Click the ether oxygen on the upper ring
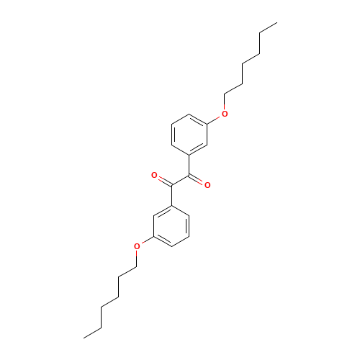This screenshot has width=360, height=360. click(225, 114)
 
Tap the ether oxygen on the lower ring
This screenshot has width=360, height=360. click(137, 246)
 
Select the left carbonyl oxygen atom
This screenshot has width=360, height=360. click(154, 175)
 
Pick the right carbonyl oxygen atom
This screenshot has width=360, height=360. click(207, 186)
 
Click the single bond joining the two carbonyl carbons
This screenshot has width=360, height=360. click(181, 180)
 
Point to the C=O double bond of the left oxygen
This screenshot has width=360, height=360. click(162, 179)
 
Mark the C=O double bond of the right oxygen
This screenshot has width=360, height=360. click(199, 181)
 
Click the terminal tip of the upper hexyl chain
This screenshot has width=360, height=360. click(276, 23)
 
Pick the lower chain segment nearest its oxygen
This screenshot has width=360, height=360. click(130, 269)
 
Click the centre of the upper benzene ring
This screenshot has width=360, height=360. click(190, 133)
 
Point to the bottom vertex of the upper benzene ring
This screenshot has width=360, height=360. click(189, 154)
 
